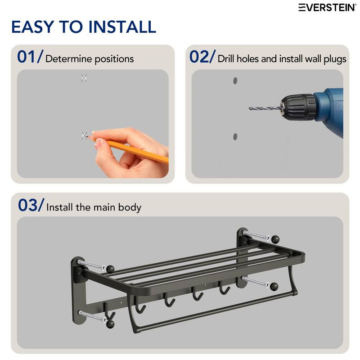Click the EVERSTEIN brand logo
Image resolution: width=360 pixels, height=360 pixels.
tap(328, 7)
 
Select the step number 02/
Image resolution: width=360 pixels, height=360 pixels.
tap(202, 57)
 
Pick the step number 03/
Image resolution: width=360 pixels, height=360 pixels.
tap(31, 205)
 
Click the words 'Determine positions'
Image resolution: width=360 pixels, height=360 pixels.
tap(90, 59)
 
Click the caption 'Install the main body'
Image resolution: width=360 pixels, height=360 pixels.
tap(94, 207)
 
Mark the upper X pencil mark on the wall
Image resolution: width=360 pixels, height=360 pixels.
tap(84, 78)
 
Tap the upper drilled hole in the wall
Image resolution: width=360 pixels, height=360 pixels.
tap(234, 81)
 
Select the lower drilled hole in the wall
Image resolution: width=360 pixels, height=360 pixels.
tap(234, 136)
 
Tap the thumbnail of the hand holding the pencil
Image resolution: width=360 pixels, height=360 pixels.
tap(99, 143)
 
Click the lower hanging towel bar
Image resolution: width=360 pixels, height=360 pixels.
tap(216, 310)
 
